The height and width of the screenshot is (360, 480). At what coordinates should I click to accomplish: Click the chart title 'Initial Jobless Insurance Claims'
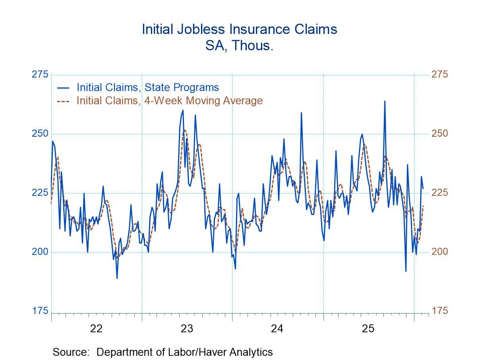point(240,29)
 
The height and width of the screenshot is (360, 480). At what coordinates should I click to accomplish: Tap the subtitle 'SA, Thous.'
point(239,46)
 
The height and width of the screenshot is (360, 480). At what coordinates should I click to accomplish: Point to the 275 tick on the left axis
point(40,74)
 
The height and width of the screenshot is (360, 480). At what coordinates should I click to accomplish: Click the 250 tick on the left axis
point(40,134)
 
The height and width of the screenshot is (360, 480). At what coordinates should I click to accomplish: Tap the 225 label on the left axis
point(40,193)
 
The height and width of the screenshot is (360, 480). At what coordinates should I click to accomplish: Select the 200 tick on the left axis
point(40,252)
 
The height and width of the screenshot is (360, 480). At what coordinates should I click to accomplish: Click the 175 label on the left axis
point(40,311)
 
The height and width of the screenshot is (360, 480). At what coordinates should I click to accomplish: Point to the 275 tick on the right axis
point(439,74)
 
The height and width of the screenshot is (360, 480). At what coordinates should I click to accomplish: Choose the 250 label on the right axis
point(439,134)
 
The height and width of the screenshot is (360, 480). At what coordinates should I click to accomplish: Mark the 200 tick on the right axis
point(439,252)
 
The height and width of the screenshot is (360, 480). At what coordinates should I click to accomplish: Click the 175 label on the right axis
point(439,311)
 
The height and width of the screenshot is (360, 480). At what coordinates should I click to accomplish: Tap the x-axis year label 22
point(97,329)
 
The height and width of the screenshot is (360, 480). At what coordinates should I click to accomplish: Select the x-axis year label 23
point(187,329)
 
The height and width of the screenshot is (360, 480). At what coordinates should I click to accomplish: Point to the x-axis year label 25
point(368,329)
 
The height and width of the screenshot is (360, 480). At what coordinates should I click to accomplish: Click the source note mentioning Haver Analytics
point(163,352)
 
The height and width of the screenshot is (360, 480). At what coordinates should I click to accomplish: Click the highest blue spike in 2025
point(385,101)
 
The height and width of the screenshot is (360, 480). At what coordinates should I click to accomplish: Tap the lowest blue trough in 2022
point(117,278)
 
